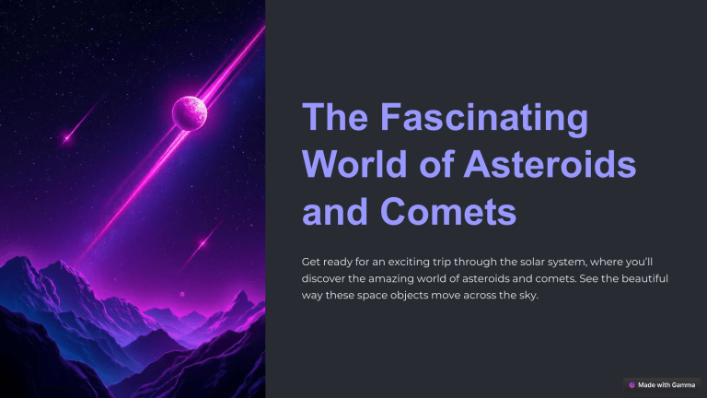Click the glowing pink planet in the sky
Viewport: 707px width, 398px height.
point(190,112)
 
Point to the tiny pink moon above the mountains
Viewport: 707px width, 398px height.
point(181,295)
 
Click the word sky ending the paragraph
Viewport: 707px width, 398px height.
point(525,295)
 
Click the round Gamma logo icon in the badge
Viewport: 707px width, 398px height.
point(632,384)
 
